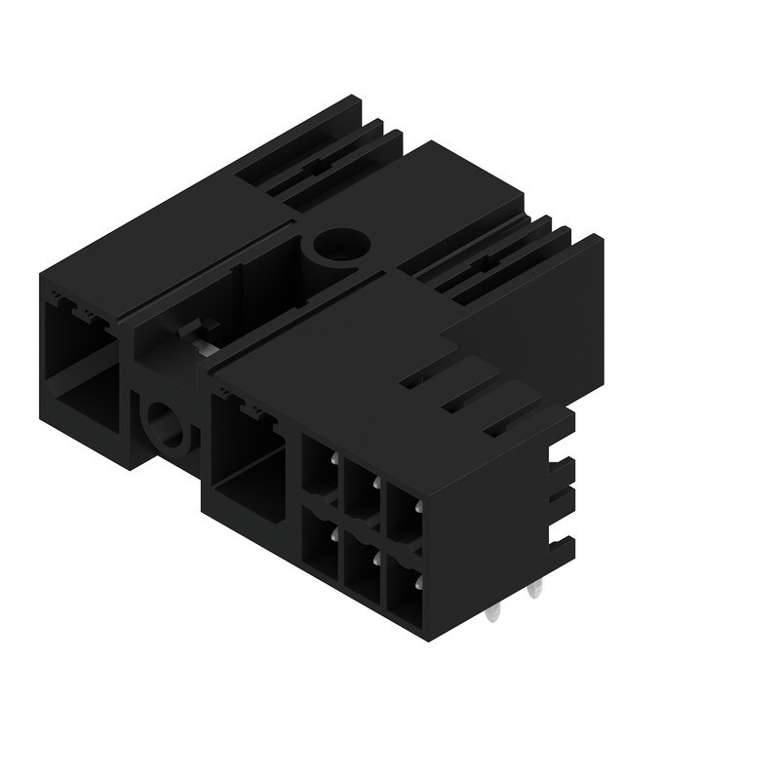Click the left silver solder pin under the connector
click(493, 612)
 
